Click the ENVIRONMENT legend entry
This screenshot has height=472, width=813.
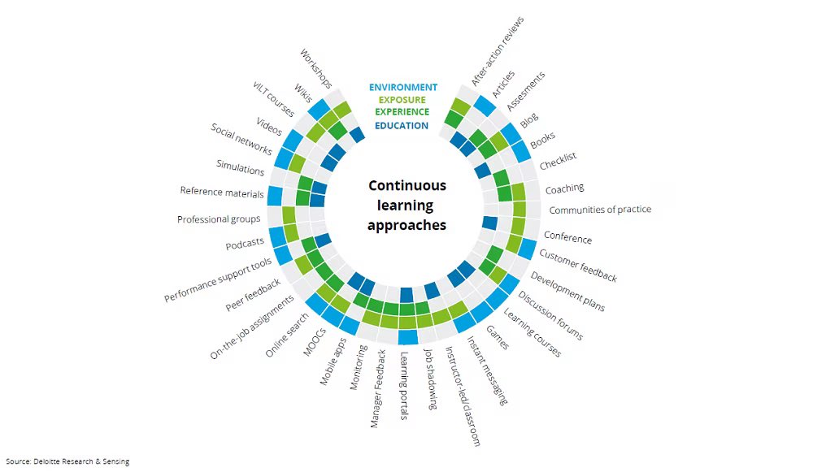click(402, 87)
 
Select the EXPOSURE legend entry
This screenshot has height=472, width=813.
click(402, 100)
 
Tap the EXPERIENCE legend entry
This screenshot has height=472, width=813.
click(402, 112)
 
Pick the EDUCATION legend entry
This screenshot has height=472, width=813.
click(402, 125)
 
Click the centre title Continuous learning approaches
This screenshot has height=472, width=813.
click(406, 206)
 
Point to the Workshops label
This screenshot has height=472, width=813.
click(316, 68)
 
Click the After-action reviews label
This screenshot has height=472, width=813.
click(498, 50)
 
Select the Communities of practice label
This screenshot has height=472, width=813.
click(600, 210)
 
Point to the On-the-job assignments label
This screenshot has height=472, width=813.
click(252, 327)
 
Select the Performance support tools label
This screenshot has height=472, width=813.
click(218, 280)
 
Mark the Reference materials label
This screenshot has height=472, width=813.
click(222, 193)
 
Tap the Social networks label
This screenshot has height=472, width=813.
click(241, 141)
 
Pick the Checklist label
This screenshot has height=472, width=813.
click(558, 161)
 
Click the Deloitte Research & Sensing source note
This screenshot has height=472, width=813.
click(67, 461)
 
